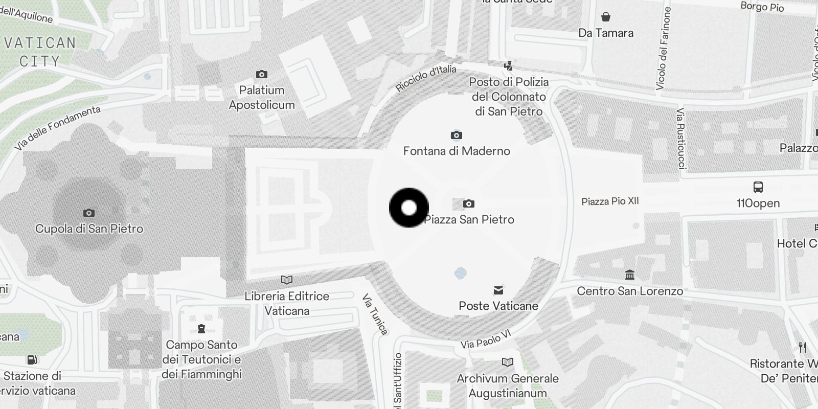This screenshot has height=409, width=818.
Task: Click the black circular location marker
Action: (x=409, y=208)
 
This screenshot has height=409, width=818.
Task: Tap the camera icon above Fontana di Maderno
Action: (x=457, y=135)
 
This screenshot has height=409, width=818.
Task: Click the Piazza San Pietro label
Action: (x=469, y=220)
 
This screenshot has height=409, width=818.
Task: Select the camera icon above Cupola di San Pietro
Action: (x=89, y=213)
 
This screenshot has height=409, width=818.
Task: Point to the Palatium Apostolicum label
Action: (x=262, y=98)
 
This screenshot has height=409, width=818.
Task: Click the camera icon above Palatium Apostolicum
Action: (x=262, y=75)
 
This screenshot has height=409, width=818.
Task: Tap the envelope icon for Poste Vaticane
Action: (x=498, y=290)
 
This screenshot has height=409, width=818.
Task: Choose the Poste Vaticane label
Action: (x=498, y=306)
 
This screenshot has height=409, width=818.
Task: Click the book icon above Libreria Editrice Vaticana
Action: (x=287, y=280)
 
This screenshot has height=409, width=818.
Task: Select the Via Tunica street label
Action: (x=375, y=314)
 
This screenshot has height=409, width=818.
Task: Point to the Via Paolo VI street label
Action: (x=486, y=339)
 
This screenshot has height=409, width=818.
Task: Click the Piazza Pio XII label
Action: (x=610, y=201)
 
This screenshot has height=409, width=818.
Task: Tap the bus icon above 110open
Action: (x=758, y=187)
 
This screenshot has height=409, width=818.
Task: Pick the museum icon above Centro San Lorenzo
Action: (x=630, y=275)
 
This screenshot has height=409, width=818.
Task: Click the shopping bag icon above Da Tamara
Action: (x=606, y=17)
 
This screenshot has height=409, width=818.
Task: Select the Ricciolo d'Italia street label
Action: (x=426, y=78)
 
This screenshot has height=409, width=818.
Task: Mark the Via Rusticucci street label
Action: (x=680, y=138)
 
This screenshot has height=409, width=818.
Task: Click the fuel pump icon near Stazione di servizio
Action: (x=32, y=360)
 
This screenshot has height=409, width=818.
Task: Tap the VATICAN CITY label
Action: (x=40, y=52)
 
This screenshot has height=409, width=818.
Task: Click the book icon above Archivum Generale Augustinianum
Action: (x=508, y=362)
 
